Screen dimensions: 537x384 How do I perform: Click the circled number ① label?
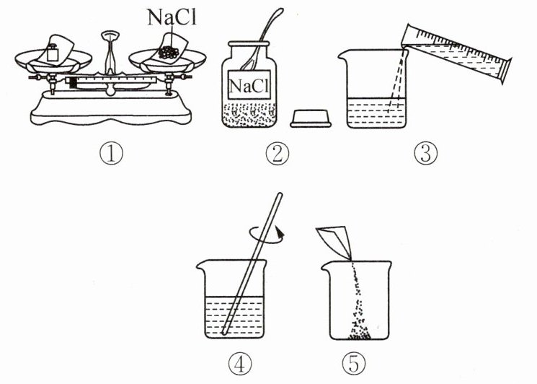click(111, 153)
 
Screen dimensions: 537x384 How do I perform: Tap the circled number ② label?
click(278, 153)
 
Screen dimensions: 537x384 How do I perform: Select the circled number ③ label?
click(426, 153)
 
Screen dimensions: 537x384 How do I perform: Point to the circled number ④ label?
click(240, 364)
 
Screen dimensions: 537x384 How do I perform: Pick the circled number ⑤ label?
click(354, 364)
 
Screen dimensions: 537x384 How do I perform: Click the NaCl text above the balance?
click(172, 17)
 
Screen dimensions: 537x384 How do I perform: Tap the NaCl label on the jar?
click(249, 86)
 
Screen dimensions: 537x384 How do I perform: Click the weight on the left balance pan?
click(53, 53)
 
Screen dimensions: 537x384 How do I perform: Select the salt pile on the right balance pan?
click(169, 52)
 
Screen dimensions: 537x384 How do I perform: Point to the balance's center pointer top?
click(110, 35)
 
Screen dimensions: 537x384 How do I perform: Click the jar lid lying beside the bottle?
click(311, 118)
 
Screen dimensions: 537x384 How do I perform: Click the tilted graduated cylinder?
click(456, 53)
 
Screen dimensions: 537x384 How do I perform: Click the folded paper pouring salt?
click(334, 242)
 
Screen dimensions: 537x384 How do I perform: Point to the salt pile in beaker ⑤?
click(359, 334)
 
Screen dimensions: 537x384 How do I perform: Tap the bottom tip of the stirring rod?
click(223, 333)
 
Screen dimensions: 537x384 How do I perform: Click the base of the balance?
click(110, 109)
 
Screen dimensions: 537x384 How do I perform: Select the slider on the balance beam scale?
click(73, 82)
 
